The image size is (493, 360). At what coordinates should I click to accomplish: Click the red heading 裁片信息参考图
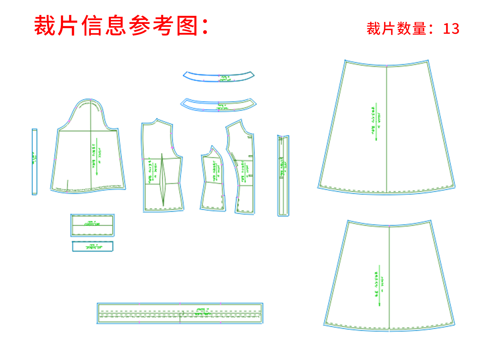point(121,26)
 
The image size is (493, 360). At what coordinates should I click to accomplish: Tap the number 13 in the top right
point(451,29)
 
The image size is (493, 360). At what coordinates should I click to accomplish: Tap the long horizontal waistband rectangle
point(180,313)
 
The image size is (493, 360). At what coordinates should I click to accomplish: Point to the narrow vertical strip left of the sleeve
point(35,162)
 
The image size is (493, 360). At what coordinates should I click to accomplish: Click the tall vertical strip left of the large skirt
point(283,176)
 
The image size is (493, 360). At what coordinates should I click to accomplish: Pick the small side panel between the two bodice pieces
point(213,181)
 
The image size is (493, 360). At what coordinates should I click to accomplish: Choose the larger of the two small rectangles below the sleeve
point(92,225)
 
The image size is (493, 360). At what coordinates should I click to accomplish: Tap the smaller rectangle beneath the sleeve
point(92,246)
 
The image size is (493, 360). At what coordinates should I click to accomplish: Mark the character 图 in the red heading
point(187,26)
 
